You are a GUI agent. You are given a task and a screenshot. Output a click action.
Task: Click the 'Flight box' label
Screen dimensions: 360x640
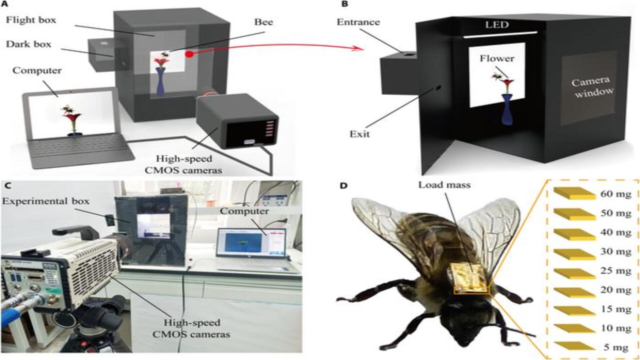point(31,20)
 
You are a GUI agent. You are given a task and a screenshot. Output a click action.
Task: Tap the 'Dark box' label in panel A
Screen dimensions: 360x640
point(29,44)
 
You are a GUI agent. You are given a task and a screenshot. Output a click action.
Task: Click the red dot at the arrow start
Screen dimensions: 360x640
point(189,54)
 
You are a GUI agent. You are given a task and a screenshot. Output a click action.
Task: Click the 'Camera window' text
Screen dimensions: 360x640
point(592,87)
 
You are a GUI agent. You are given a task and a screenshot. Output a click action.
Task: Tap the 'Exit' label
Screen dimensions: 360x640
point(359,134)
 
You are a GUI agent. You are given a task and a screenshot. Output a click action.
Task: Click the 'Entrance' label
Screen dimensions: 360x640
point(358,22)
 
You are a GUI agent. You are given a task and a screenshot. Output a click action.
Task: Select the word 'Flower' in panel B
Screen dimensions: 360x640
point(497,59)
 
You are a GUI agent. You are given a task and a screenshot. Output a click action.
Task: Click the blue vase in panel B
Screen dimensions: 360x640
point(507,110)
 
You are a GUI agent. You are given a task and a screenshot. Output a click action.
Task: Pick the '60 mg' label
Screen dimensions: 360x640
point(616,194)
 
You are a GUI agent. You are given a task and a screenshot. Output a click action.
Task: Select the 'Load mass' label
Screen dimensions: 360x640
point(444,185)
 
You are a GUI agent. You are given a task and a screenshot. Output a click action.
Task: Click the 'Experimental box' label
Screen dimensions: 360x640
point(46,201)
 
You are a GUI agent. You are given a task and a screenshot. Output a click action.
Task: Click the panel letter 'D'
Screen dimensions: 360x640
point(343,185)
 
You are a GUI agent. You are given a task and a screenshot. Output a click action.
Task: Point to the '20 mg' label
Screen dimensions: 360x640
point(616,290)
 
